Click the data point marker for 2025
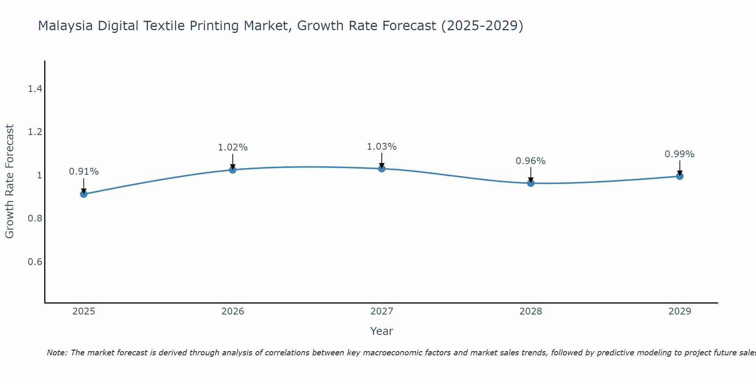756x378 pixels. click(x=84, y=194)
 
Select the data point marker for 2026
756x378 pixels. click(x=232, y=170)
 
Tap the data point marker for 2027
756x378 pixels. click(x=381, y=169)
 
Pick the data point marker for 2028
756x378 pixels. click(x=530, y=183)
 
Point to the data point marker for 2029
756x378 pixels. click(x=679, y=176)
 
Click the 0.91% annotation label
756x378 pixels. click(x=84, y=172)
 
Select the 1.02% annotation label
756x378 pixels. click(x=232, y=147)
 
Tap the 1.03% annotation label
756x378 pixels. click(x=381, y=147)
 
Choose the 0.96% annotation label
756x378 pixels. click(x=530, y=161)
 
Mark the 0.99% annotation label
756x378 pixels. click(x=679, y=154)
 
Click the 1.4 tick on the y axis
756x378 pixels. click(x=35, y=89)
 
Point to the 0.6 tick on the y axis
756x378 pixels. click(x=35, y=262)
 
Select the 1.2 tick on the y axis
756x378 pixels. click(x=35, y=132)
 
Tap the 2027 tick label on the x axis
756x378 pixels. click(x=381, y=311)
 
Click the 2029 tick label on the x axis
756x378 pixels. click(x=679, y=311)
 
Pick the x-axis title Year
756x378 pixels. click(x=381, y=331)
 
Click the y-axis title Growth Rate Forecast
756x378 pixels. click(x=10, y=181)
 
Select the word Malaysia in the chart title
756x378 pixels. click(x=65, y=26)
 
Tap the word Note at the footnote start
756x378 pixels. click(x=57, y=353)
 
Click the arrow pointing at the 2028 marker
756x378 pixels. click(x=530, y=175)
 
